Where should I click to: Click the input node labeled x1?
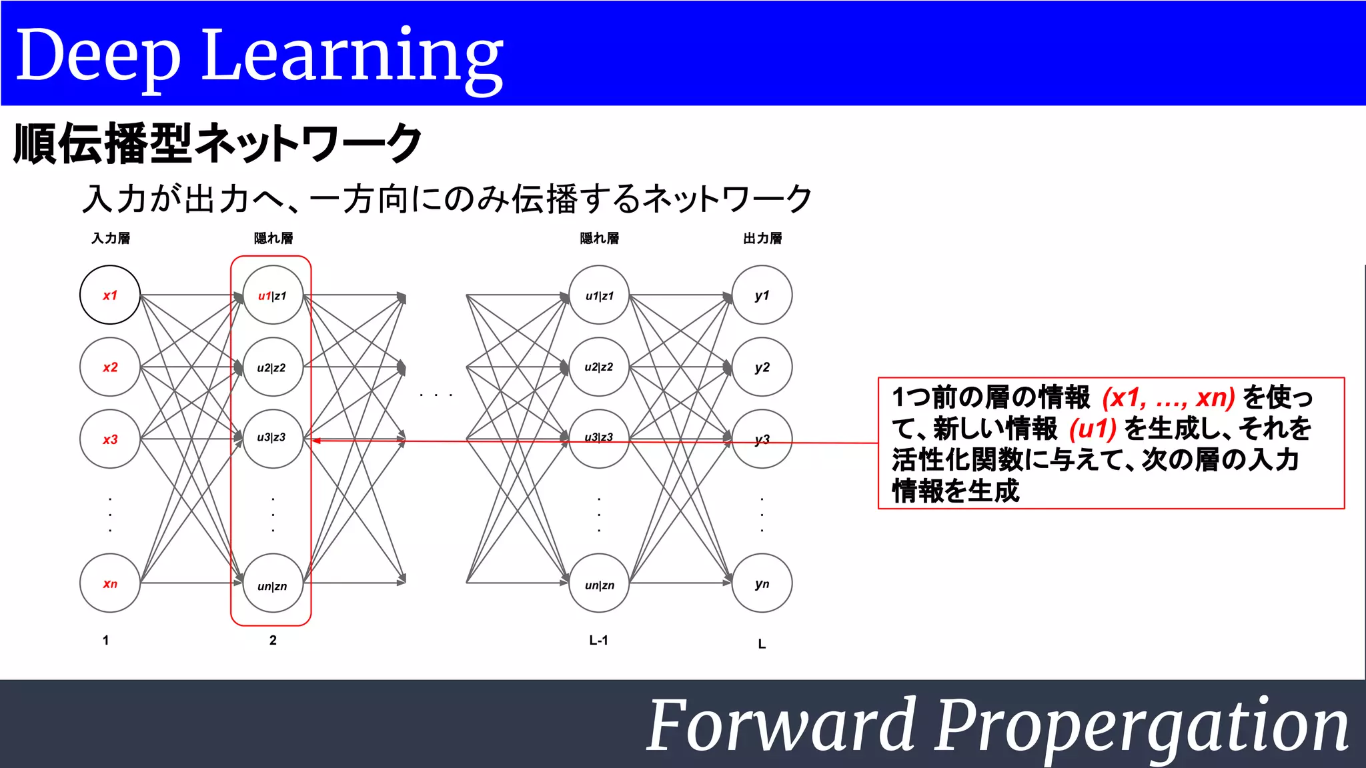pos(110,295)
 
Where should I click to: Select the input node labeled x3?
pos(110,439)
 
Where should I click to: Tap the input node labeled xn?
pos(110,583)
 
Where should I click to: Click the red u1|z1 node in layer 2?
pos(272,295)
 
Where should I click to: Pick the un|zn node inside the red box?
pos(272,585)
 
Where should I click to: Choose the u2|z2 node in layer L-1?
pos(599,367)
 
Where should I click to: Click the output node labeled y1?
pos(762,295)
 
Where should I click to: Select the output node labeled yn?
pos(762,583)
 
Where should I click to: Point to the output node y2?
pos(762,367)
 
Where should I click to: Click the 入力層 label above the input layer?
pos(111,238)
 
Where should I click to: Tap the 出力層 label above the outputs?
pos(762,238)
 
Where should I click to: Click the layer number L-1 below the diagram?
pos(598,640)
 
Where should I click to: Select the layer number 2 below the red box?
pos(273,640)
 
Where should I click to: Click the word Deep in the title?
pos(97,56)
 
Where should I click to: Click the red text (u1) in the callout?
pos(1093,429)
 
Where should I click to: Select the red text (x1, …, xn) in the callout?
pos(1169,397)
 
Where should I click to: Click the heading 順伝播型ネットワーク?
pos(217,143)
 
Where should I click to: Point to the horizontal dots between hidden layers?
pos(436,395)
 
